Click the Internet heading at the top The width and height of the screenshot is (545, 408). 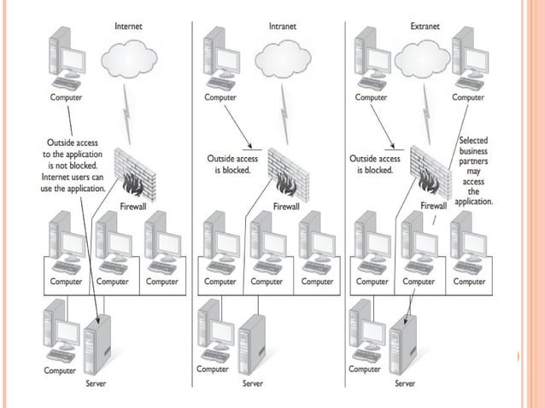128,26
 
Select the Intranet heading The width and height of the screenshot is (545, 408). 284,26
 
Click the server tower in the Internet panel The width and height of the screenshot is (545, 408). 100,347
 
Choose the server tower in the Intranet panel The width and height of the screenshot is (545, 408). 252,347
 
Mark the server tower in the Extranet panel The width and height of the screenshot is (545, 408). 403,347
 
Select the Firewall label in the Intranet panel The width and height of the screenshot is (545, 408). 285,206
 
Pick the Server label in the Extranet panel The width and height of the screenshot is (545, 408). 405,383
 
